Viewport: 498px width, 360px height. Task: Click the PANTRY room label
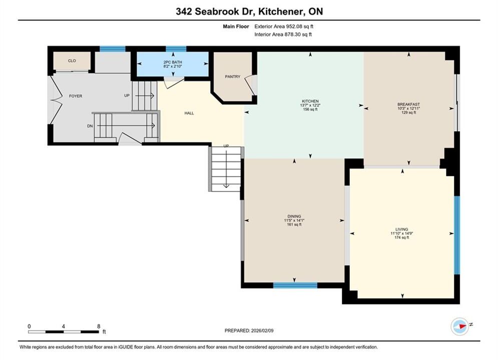(x=233, y=76)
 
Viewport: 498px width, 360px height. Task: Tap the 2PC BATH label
(x=173, y=62)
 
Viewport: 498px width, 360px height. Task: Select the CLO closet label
(x=72, y=60)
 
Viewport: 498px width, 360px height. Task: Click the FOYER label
(x=76, y=96)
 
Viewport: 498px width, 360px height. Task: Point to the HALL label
(x=189, y=113)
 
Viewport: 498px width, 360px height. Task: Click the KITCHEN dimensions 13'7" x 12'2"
(x=310, y=105)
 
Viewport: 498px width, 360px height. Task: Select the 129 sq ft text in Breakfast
(x=408, y=112)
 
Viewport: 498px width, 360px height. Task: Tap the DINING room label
(x=294, y=216)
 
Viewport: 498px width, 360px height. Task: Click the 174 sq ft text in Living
(x=402, y=237)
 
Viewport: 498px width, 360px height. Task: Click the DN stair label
(x=90, y=126)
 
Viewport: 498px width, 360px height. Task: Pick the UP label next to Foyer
(x=127, y=95)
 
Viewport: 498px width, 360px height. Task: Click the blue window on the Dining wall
(x=295, y=285)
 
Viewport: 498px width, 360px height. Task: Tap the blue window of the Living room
(x=457, y=234)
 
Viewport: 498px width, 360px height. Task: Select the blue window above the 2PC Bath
(x=176, y=48)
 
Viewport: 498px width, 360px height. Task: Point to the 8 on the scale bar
(x=99, y=326)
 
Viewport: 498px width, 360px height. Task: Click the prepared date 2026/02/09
(x=262, y=330)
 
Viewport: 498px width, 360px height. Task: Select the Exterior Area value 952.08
(x=295, y=26)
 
